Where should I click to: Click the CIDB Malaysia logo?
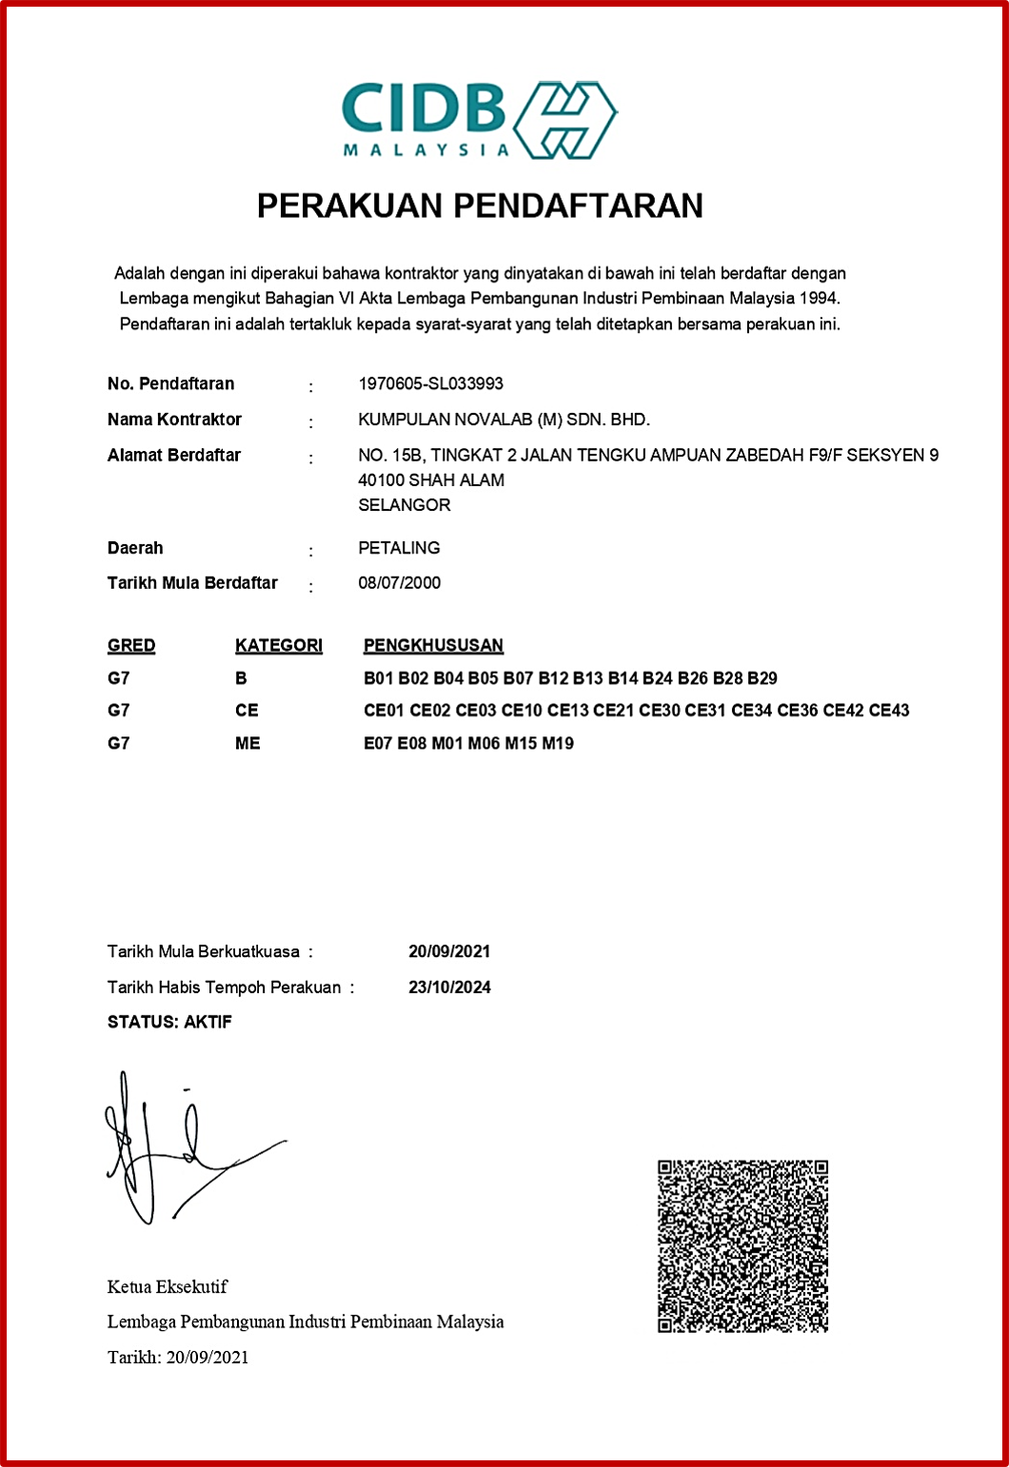pos(479,119)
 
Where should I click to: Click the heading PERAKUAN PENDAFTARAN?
pos(480,205)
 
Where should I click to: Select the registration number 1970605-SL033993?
pos(430,383)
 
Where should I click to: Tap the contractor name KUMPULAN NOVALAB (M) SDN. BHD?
pos(504,420)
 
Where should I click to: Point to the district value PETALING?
pos(399,548)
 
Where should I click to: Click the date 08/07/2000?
pos(399,583)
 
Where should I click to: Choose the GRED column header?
pos(131,645)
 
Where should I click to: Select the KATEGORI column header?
pos(279,645)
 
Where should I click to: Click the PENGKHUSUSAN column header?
pos(433,645)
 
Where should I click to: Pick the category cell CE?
pos(247,711)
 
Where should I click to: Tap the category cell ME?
pos(247,743)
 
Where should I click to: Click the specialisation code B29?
pos(762,678)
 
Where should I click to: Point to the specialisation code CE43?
pos(889,711)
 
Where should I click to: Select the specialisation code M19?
pos(558,743)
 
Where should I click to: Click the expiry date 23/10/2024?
pos(449,988)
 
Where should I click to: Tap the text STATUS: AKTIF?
pos(169,1023)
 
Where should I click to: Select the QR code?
pos(742,1245)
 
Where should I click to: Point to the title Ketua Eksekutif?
pos(168,1287)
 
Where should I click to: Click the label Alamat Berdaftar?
pos(173,455)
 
